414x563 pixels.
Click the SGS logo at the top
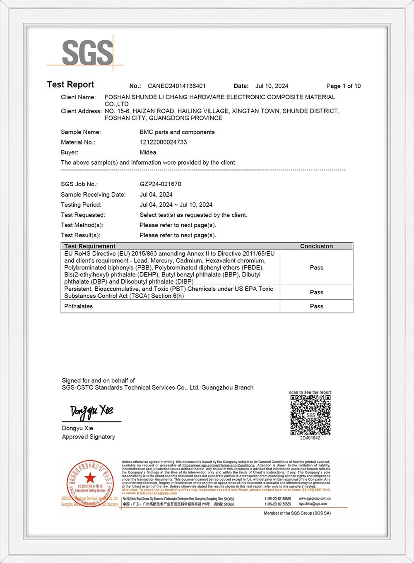click(87, 52)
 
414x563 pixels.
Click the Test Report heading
click(70, 84)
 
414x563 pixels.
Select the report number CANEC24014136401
click(177, 86)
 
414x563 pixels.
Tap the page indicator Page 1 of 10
click(343, 86)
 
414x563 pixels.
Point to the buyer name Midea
click(148, 152)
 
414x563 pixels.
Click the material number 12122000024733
click(163, 142)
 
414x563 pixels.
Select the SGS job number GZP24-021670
click(160, 184)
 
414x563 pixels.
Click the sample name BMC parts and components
click(177, 132)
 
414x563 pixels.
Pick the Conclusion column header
click(316, 246)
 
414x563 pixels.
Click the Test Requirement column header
click(90, 246)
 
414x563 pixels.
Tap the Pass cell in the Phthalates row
click(316, 306)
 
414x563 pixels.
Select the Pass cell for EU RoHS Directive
click(316, 267)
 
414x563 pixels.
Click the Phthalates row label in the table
click(79, 306)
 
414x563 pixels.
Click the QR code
click(310, 415)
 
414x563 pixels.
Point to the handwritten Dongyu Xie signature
click(91, 411)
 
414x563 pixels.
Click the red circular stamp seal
click(90, 483)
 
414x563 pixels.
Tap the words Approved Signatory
click(89, 437)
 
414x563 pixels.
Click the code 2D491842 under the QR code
click(310, 438)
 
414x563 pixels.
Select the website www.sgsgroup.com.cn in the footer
click(314, 499)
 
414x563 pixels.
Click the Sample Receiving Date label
click(93, 195)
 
